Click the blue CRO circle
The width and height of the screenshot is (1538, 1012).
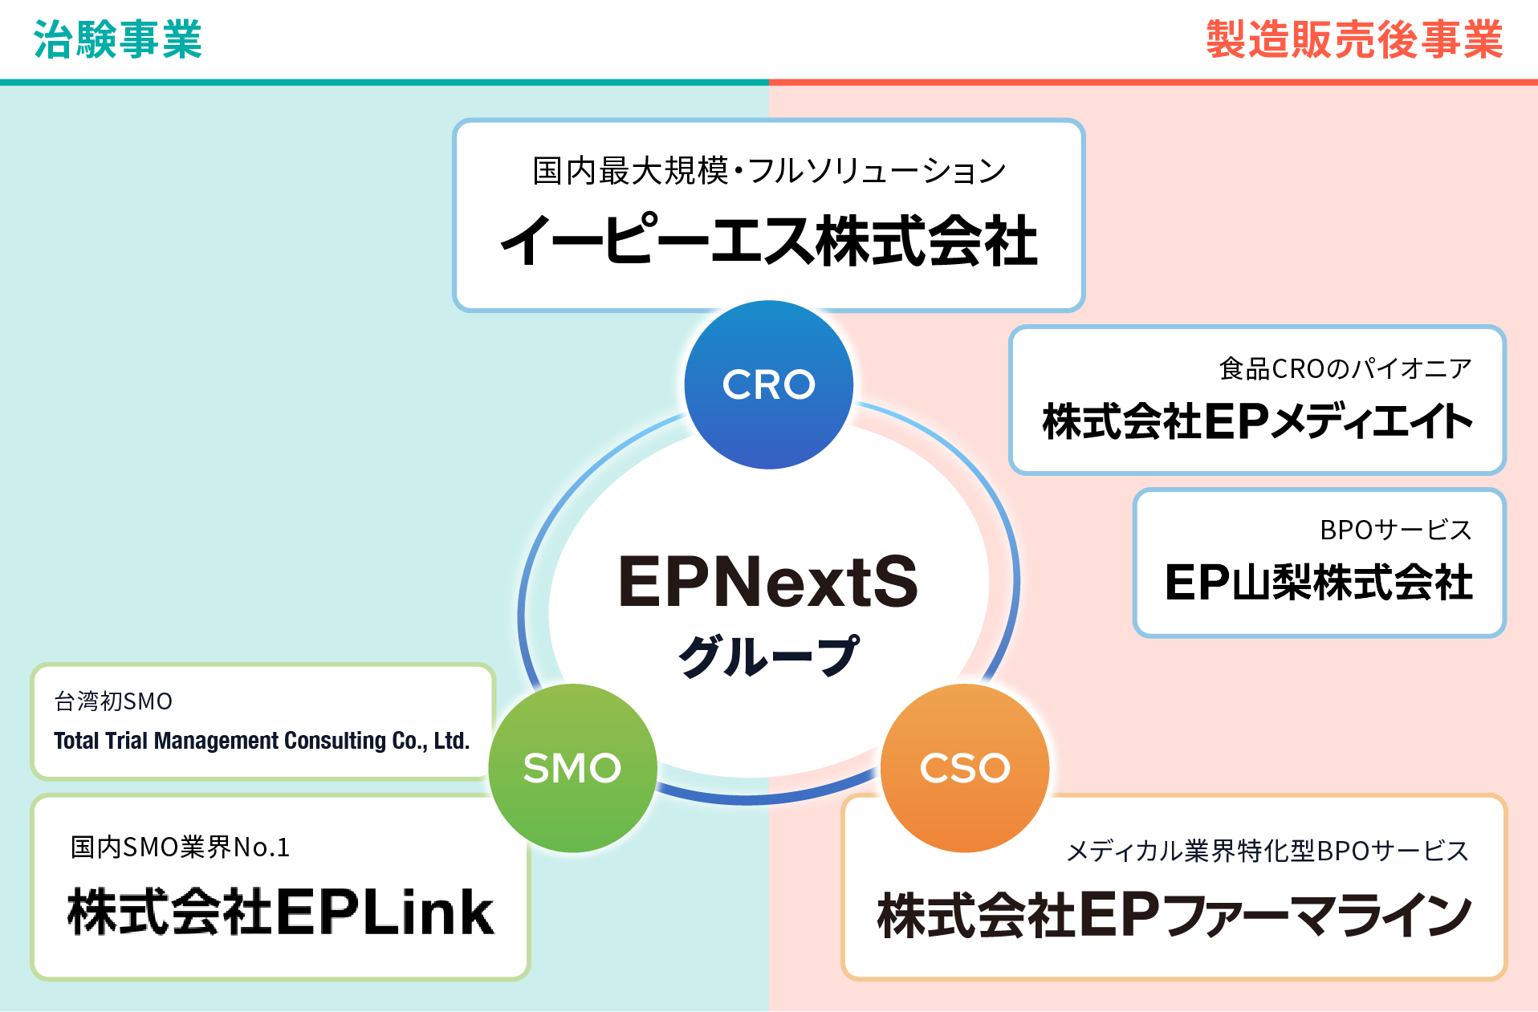click(x=768, y=384)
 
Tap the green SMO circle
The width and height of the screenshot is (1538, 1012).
click(x=572, y=767)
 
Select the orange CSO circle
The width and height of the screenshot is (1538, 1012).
click(x=965, y=767)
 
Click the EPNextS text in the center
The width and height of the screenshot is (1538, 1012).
click(x=768, y=581)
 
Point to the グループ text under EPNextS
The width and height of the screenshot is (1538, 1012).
click(x=768, y=656)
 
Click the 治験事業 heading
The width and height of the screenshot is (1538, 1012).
click(x=117, y=39)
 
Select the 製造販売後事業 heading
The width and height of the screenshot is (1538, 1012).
click(x=1354, y=39)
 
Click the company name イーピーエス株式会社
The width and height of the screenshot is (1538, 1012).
click(x=768, y=241)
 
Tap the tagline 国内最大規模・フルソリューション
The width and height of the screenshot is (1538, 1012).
click(x=768, y=170)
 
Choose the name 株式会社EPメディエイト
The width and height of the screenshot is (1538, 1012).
click(x=1257, y=421)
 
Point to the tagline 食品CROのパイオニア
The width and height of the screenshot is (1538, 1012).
click(x=1345, y=368)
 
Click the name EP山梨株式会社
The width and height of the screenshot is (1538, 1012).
click(x=1318, y=582)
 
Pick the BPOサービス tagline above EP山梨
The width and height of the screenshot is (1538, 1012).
click(x=1395, y=530)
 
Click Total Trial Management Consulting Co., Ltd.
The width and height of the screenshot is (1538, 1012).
click(x=262, y=740)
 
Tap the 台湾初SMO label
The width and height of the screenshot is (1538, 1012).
click(x=113, y=701)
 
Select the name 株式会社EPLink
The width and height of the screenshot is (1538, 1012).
click(x=280, y=912)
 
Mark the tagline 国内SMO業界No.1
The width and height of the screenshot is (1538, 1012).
click(x=180, y=847)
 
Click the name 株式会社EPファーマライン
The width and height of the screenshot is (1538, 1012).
click(x=1174, y=915)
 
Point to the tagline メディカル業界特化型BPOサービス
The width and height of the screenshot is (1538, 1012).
click(x=1267, y=851)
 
